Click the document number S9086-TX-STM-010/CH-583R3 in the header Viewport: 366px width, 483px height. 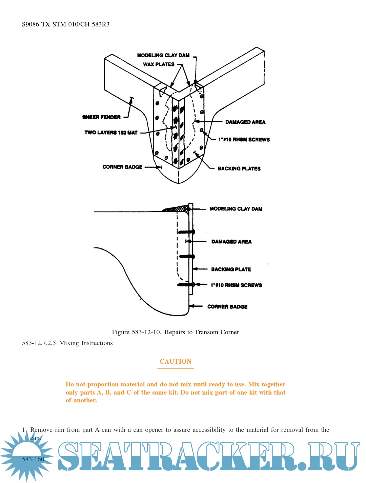click(66, 24)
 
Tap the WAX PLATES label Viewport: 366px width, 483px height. click(159, 64)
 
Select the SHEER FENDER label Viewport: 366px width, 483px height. click(101, 117)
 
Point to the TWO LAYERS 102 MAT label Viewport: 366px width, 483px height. click(111, 133)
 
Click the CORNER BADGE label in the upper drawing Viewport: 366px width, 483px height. click(122, 167)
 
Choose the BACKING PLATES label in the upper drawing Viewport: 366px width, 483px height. click(239, 168)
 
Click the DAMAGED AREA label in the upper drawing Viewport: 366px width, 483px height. click(245, 122)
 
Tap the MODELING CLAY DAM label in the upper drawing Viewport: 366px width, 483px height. click(163, 55)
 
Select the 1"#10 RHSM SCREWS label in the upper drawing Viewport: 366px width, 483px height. click(244, 140)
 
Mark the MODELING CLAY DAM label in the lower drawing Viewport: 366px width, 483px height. click(236, 209)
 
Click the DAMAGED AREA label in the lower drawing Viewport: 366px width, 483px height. click(231, 242)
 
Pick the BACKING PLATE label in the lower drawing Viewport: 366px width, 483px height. click(231, 269)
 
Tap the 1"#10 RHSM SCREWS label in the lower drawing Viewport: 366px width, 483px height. click(236, 285)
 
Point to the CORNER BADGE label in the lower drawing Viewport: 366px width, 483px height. click(227, 307)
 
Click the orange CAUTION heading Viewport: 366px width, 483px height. click(176, 361)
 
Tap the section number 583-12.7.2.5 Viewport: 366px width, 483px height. click(39, 343)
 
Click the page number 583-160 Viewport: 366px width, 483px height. click(33, 459)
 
